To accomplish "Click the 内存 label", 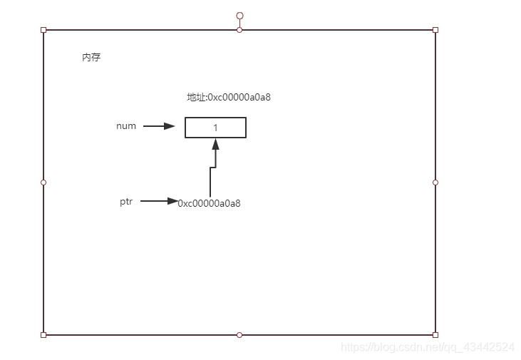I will pyautogui.click(x=91, y=58).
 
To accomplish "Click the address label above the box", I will pyautogui.click(x=228, y=97).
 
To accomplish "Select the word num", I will pyautogui.click(x=126, y=126).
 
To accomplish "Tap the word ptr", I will pyautogui.click(x=126, y=202).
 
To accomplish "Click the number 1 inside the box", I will pyautogui.click(x=215, y=128).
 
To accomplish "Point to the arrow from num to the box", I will pyautogui.click(x=159, y=126).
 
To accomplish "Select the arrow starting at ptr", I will pyautogui.click(x=159, y=201).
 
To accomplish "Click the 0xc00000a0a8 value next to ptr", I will pyautogui.click(x=210, y=203).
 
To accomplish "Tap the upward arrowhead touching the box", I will pyautogui.click(x=215, y=143).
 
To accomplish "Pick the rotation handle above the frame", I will pyautogui.click(x=239, y=15).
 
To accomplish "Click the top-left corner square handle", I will pyautogui.click(x=43, y=30).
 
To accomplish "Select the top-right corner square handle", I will pyautogui.click(x=435, y=30).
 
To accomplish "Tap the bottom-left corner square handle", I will pyautogui.click(x=43, y=334).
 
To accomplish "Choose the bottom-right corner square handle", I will pyautogui.click(x=435, y=334).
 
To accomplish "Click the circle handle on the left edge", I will pyautogui.click(x=43, y=182).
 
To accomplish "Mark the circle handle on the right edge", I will pyautogui.click(x=435, y=182).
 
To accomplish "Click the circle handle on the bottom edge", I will pyautogui.click(x=239, y=334).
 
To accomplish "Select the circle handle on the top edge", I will pyautogui.click(x=239, y=30).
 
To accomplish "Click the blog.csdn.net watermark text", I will pyautogui.click(x=428, y=347).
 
